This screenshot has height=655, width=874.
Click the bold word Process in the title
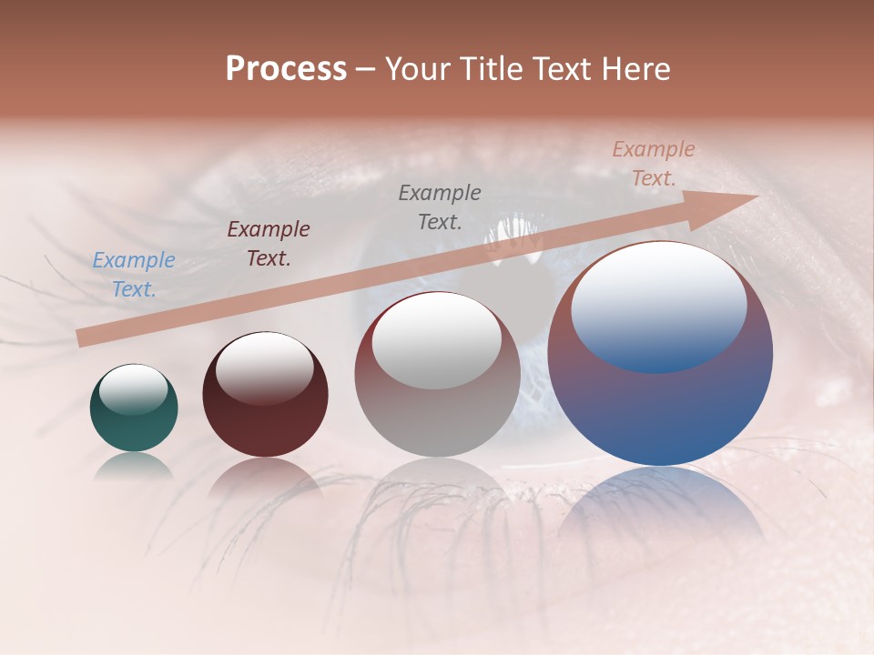pos(286,69)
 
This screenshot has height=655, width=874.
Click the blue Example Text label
pos(134,274)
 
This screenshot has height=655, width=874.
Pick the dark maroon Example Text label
pos(269,243)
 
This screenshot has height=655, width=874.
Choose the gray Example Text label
pos(440,207)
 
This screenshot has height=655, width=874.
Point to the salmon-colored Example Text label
pos(654,163)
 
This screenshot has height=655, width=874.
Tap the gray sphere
pos(437,400)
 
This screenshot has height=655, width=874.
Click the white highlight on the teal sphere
pos(134,390)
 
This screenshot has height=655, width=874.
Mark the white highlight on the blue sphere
pos(659,305)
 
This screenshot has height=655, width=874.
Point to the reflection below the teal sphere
pos(134,466)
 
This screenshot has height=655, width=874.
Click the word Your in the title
pos(415,69)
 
